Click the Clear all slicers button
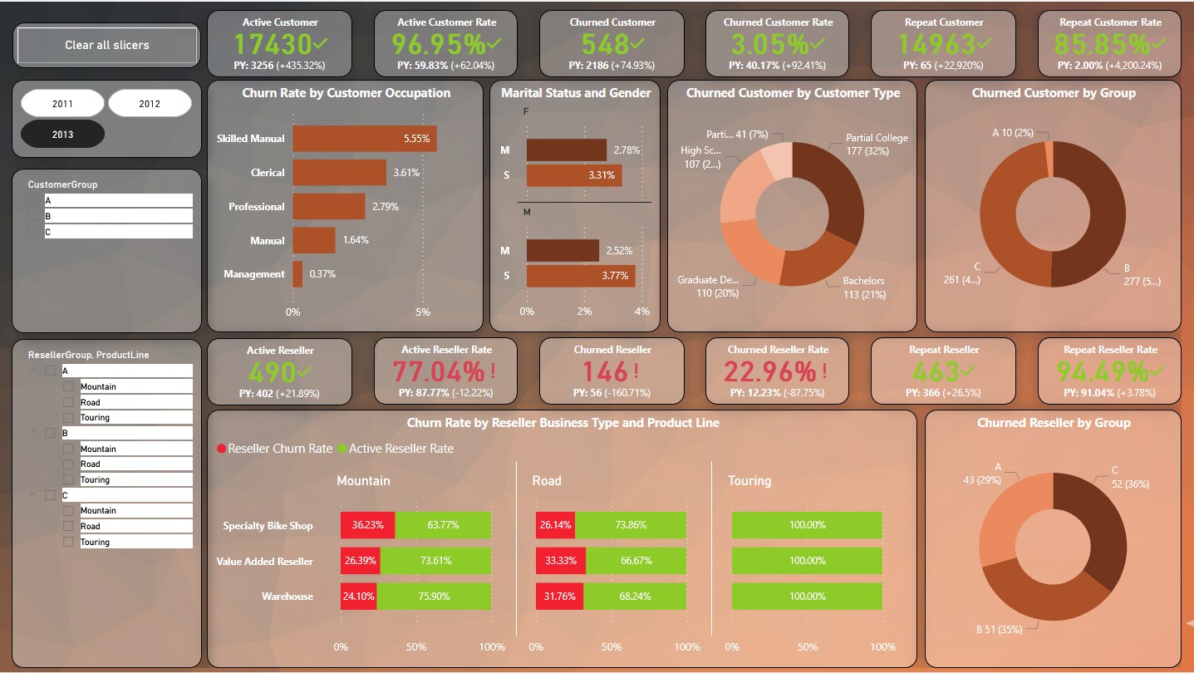click(107, 45)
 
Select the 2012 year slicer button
click(150, 104)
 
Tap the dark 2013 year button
click(62, 134)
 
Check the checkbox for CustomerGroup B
click(33, 216)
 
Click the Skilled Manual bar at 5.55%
click(364, 139)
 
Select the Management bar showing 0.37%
click(297, 274)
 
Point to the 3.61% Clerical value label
click(407, 173)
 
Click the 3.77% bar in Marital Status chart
click(580, 276)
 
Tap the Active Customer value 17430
click(273, 44)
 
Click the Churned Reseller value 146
click(605, 371)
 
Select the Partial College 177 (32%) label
click(877, 145)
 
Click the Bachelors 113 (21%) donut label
click(863, 287)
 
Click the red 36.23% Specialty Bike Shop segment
click(367, 525)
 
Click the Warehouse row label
click(287, 597)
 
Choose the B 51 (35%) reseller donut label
click(999, 630)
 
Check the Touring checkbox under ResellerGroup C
click(68, 542)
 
